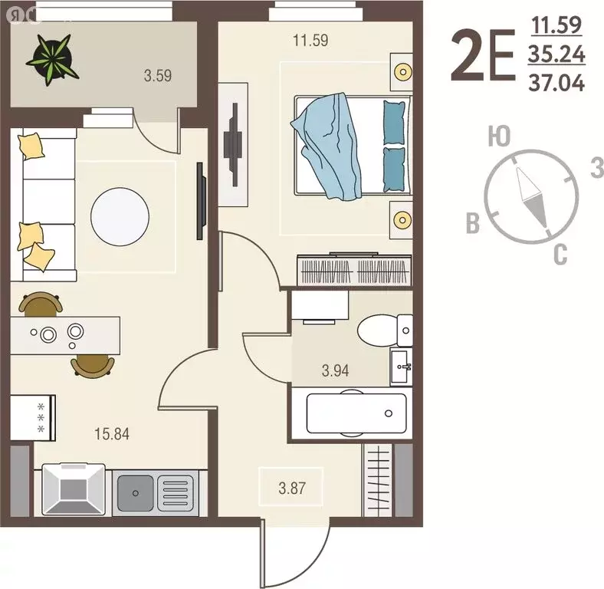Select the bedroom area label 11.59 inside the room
click(x=310, y=40)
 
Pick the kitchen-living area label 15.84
click(x=111, y=434)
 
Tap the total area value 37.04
click(x=556, y=82)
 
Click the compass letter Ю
click(x=500, y=138)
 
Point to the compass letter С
click(x=560, y=255)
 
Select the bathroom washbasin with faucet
click(x=402, y=367)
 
